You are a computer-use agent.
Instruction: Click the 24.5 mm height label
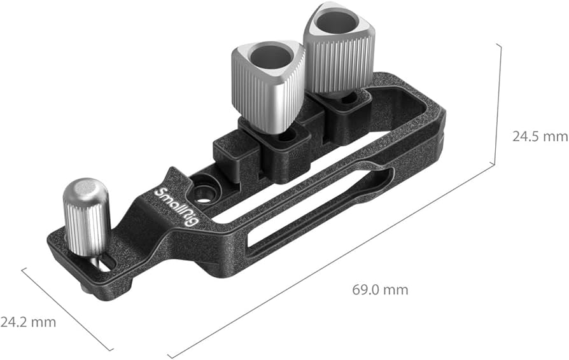[x=539, y=137]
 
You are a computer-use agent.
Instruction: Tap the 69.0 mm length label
[x=380, y=290]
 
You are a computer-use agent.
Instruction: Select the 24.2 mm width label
[x=27, y=322]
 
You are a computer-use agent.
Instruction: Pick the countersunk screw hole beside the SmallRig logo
[x=204, y=191]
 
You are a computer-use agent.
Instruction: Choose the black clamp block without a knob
[x=235, y=156]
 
